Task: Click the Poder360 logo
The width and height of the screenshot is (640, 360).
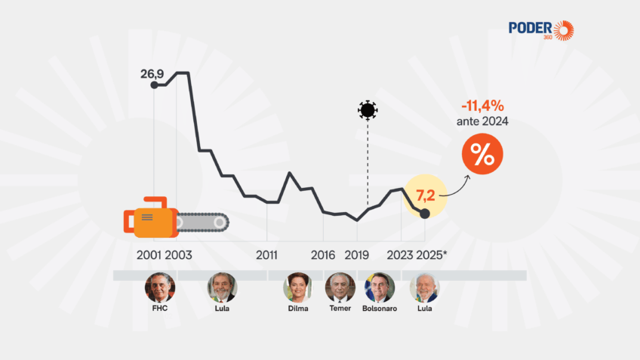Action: [540, 30]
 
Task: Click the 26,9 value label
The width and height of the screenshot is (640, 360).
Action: [152, 73]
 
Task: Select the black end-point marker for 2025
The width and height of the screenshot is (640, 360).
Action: [425, 214]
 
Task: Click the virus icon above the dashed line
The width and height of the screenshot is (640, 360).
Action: [368, 110]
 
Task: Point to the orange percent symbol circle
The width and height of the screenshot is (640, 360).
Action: [482, 155]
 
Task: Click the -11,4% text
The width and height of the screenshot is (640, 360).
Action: [482, 106]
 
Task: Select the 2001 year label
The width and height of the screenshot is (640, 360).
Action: [149, 254]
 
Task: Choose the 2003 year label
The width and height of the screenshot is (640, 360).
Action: [178, 254]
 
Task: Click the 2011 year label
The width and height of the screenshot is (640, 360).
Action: [266, 254]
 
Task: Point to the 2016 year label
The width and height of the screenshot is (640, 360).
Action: [323, 254]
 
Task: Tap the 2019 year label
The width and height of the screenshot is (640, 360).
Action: [356, 254]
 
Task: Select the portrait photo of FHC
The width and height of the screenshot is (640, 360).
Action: [160, 288]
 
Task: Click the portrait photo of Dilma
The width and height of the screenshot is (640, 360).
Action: [297, 288]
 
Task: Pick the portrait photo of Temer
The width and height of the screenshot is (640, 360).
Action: [340, 288]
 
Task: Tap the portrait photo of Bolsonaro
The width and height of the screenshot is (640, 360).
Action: [380, 288]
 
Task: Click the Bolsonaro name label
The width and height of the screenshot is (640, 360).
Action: [380, 309]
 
